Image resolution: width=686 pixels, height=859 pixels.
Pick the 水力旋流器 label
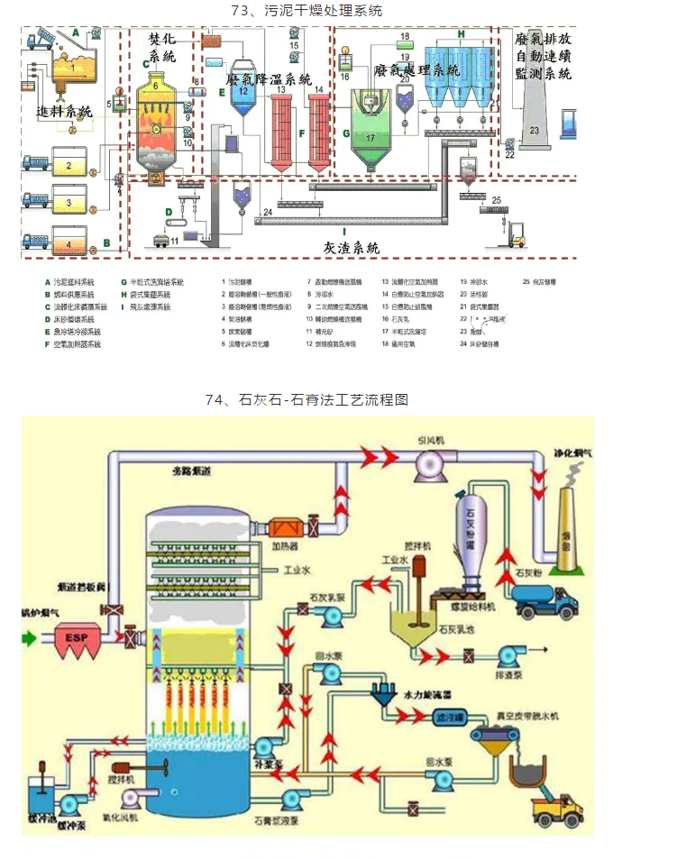pyautogui.click(x=426, y=697)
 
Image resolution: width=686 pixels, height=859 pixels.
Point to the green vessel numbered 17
pyautogui.click(x=370, y=140)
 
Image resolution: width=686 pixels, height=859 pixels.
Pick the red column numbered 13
pyautogui.click(x=282, y=126)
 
